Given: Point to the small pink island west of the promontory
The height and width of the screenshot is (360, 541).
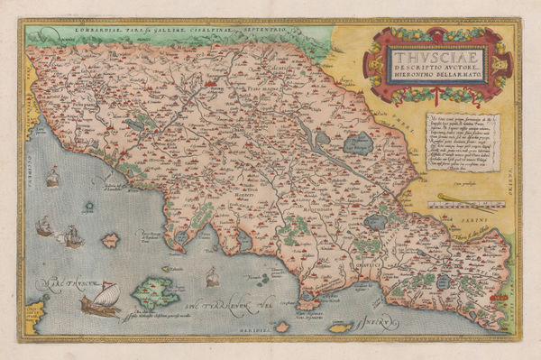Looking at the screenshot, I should [x=111, y=241].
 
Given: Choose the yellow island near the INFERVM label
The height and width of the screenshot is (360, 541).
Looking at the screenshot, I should [x=340, y=327].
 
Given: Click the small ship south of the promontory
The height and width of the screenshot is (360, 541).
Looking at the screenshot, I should [x=213, y=277].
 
